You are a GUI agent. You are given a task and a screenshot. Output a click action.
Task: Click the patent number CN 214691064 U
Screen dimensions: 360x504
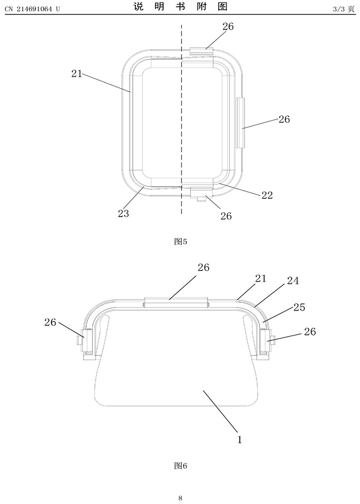pos(33,9)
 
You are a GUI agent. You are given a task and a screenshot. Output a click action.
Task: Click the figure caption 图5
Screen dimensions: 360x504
pos(180,241)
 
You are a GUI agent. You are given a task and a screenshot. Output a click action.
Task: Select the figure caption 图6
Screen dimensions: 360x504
pos(180,466)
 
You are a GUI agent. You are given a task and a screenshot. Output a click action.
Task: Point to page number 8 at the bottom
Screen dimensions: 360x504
pos(180,498)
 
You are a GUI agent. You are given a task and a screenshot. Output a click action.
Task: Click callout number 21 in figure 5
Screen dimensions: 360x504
pos(77,74)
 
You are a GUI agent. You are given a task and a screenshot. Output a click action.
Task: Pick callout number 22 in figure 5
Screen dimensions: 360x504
pos(267,195)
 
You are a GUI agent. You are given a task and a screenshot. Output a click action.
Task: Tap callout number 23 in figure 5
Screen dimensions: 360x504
pos(123,214)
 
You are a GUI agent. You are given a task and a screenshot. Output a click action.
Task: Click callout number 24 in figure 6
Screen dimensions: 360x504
pos(293,281)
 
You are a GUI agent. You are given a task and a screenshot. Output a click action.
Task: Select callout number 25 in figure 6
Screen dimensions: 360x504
pos(299,307)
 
